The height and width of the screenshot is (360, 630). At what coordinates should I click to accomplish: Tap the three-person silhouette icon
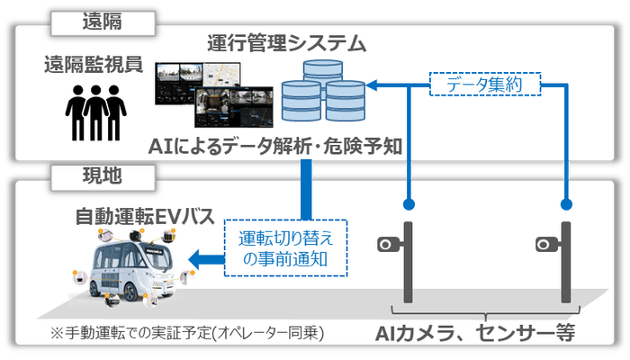tap(92, 112)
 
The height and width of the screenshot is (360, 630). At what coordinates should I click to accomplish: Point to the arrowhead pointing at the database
tap(371, 85)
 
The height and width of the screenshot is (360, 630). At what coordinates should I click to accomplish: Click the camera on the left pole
tap(389, 243)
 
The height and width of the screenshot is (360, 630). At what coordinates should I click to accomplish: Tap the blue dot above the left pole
tap(409, 202)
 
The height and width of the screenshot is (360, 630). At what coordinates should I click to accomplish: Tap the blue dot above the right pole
tap(567, 202)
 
